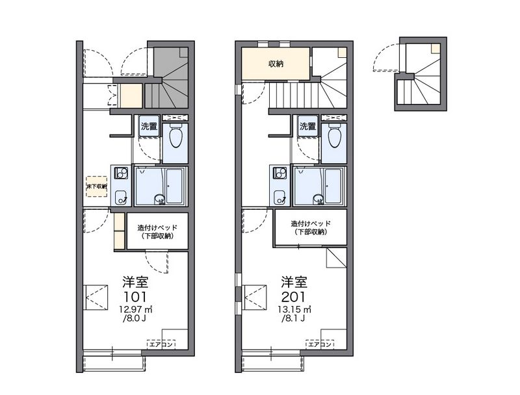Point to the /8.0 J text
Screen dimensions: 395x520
(x=135, y=319)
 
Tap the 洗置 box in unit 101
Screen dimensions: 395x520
(x=149, y=127)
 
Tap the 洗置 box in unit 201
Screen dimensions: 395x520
(x=307, y=127)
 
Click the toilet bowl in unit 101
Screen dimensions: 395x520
(x=175, y=138)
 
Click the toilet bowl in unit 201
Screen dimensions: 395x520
(x=334, y=138)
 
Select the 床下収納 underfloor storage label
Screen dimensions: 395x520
(x=97, y=186)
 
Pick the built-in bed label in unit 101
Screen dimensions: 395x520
(x=157, y=231)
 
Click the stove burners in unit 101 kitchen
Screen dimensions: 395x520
(x=120, y=173)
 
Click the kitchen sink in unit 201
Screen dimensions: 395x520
(x=279, y=196)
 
